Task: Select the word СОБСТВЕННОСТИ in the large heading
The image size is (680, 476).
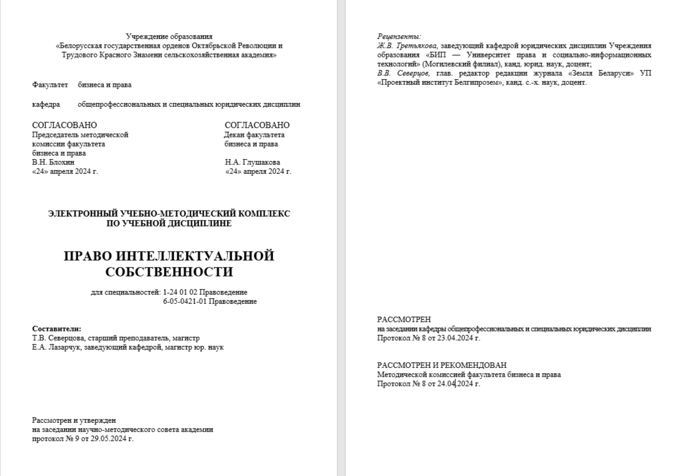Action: (x=169, y=271)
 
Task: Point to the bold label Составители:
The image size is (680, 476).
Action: (x=57, y=328)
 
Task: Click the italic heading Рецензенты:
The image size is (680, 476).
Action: (x=399, y=37)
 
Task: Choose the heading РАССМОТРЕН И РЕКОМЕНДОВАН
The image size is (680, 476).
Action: (x=442, y=365)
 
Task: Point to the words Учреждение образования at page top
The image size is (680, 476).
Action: (x=169, y=37)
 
